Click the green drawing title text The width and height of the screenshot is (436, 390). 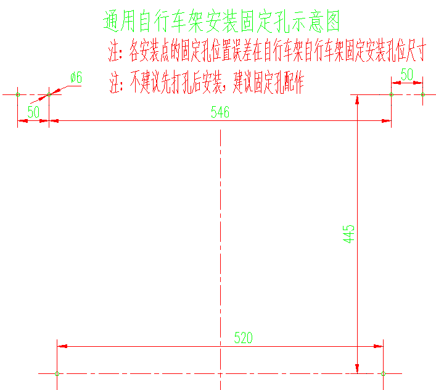(221, 22)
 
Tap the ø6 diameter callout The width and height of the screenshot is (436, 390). (76, 78)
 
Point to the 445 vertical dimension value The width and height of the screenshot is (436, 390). (349, 234)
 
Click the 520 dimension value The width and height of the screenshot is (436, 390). (243, 338)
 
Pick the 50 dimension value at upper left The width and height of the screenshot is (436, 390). (33, 112)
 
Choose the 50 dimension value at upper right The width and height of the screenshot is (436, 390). (407, 74)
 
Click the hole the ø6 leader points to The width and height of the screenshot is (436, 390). (49, 94)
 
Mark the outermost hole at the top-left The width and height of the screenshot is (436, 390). (17, 94)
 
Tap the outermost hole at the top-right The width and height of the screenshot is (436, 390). (423, 94)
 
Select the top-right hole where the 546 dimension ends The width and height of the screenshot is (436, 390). (391, 94)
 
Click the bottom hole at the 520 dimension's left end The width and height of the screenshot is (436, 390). (57, 373)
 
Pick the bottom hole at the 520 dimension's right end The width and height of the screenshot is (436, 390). (383, 373)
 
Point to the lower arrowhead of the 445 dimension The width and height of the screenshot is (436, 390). (358, 368)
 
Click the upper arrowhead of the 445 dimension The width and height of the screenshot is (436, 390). (358, 99)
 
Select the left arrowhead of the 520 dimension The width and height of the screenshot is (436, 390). (62, 346)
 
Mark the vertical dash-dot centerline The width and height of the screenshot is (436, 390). (220, 247)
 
